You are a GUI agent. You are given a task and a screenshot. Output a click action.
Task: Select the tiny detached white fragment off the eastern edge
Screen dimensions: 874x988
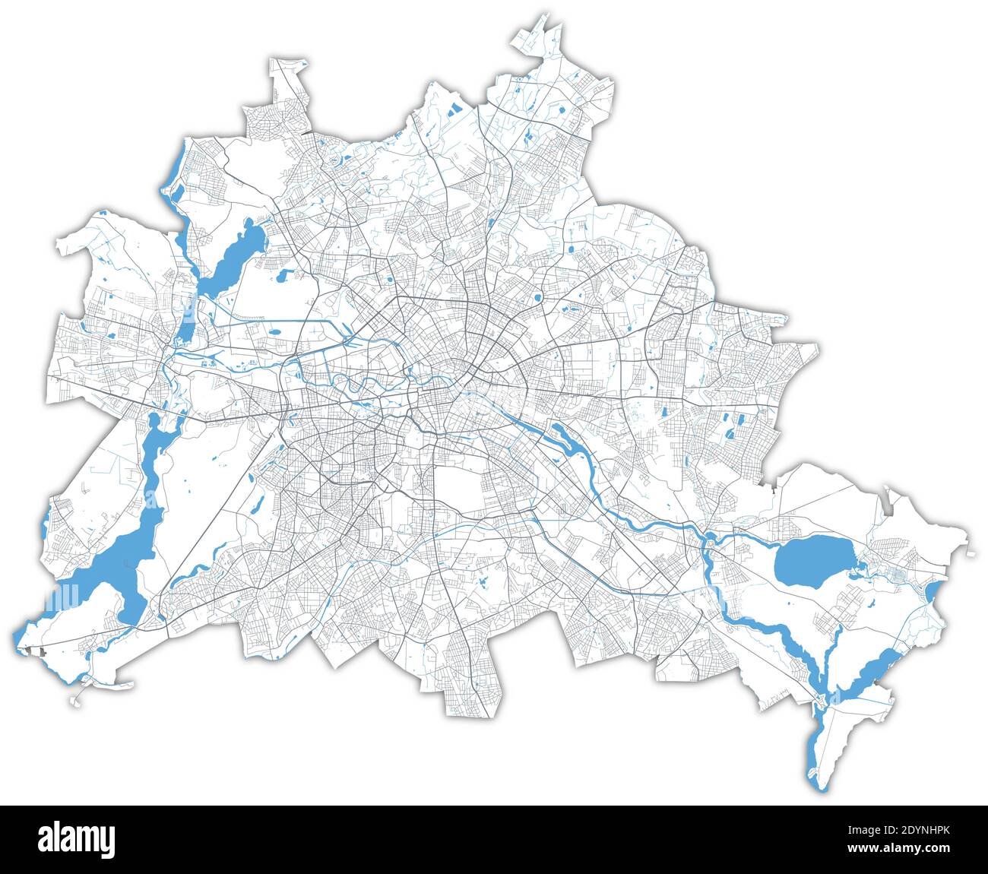(x=971, y=553)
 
